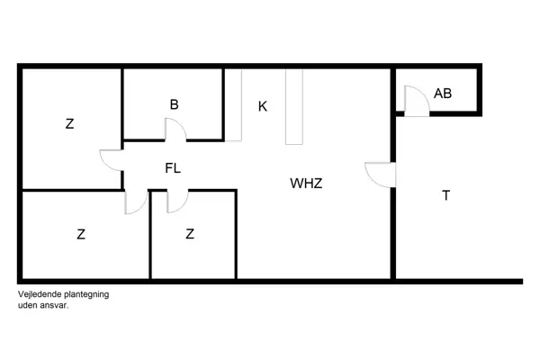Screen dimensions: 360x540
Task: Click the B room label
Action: click(174, 104)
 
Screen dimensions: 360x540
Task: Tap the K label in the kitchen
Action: click(263, 106)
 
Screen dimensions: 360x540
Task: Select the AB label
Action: click(443, 94)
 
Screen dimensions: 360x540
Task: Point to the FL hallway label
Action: click(174, 167)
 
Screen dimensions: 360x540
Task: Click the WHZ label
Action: click(306, 184)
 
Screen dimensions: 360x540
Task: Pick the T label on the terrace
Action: click(445, 195)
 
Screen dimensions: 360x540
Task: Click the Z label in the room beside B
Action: click(69, 124)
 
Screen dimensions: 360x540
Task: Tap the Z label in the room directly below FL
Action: click(190, 235)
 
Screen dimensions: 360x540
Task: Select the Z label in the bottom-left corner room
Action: click(81, 235)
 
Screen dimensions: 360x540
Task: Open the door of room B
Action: click(175, 130)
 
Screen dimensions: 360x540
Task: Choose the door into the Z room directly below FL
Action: click(177, 201)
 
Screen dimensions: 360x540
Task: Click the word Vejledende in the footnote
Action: click(38, 294)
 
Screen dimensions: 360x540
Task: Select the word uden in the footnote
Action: click(27, 305)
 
